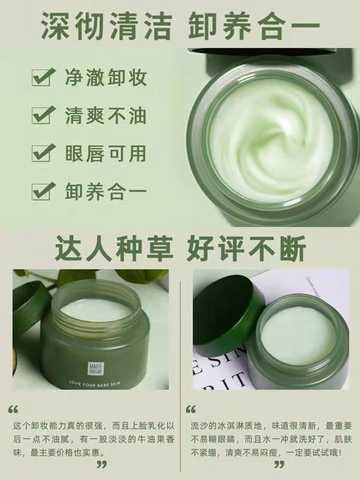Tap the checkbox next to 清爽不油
tap(42, 114)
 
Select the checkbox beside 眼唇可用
tap(42, 152)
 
